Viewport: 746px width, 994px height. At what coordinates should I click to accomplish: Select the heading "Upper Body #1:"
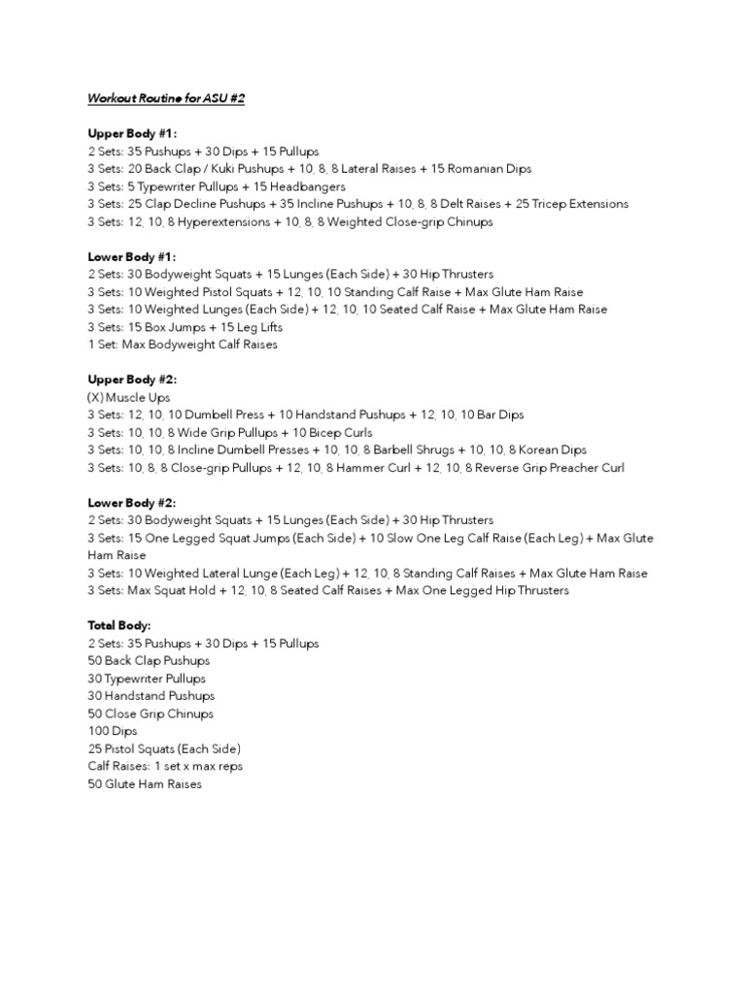pos(132,134)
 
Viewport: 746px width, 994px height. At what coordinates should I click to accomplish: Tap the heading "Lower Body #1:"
pos(132,257)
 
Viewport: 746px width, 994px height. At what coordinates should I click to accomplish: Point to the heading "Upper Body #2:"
pos(132,380)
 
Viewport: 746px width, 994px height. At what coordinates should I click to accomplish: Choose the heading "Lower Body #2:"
pos(132,503)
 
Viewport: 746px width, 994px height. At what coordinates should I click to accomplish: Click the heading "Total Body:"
pos(119,626)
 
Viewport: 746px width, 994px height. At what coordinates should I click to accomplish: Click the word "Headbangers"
pos(308,186)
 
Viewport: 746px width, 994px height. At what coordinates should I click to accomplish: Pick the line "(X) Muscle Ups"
pos(128,397)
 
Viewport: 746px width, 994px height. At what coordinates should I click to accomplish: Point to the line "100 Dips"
pos(113,731)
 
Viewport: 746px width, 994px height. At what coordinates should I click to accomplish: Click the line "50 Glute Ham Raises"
pos(145,783)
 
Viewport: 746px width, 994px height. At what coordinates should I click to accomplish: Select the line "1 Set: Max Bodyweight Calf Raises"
pos(183,345)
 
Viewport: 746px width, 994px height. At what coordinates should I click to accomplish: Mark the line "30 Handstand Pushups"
pos(152,696)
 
